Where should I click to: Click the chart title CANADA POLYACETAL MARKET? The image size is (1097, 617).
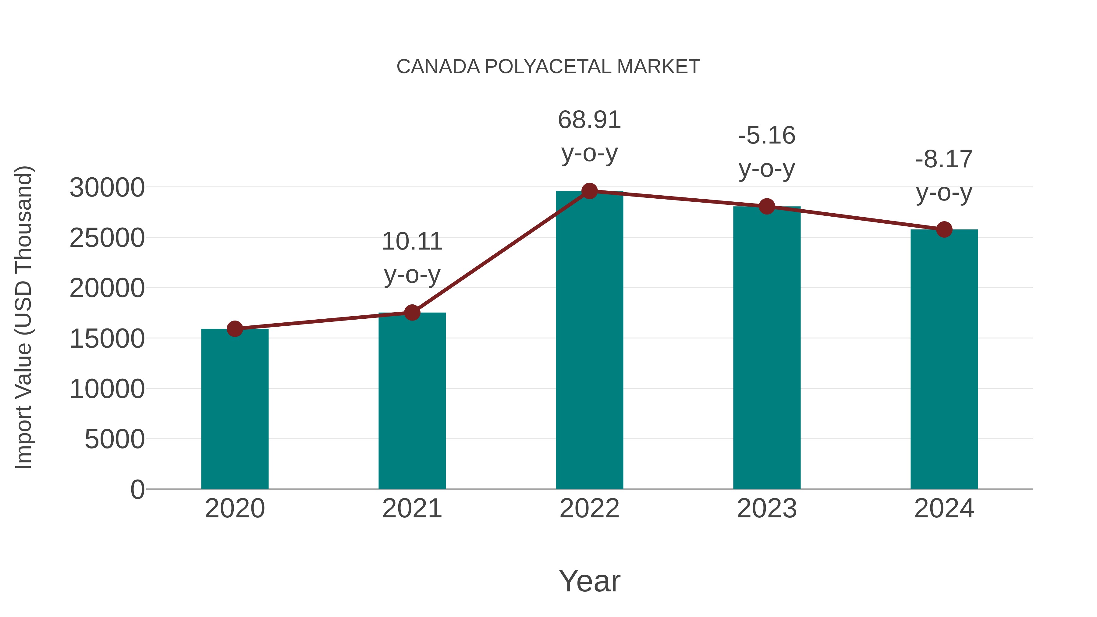(548, 67)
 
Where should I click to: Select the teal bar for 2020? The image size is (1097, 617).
(235, 409)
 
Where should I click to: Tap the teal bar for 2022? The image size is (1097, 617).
(589, 341)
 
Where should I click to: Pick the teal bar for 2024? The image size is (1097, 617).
(944, 360)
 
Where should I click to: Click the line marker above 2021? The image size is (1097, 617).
(412, 313)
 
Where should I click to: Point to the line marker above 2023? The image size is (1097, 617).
(767, 207)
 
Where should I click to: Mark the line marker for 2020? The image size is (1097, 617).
(235, 329)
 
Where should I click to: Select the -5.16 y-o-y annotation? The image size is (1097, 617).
(767, 152)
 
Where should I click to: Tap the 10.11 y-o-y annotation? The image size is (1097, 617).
(412, 258)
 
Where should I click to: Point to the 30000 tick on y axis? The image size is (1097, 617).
(107, 188)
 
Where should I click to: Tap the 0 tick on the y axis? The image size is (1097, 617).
(137, 490)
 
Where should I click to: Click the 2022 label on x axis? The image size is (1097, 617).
(589, 509)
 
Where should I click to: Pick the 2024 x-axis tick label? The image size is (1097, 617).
(944, 509)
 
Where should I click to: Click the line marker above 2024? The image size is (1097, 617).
(944, 229)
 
